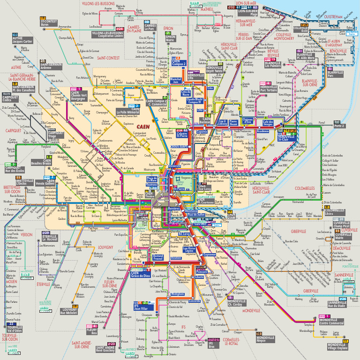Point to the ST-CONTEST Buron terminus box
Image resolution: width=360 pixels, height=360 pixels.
[x=48, y=23]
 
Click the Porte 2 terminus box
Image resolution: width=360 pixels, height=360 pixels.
[x=339, y=126]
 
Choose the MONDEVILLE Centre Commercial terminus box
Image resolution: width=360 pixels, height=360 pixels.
[x=331, y=321]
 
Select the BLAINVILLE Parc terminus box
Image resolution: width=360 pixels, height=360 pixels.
[x=336, y=74]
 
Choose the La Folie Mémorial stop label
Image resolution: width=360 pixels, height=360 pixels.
[x=127, y=112]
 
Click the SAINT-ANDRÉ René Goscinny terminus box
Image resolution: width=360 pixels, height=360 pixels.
[x=105, y=349]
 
